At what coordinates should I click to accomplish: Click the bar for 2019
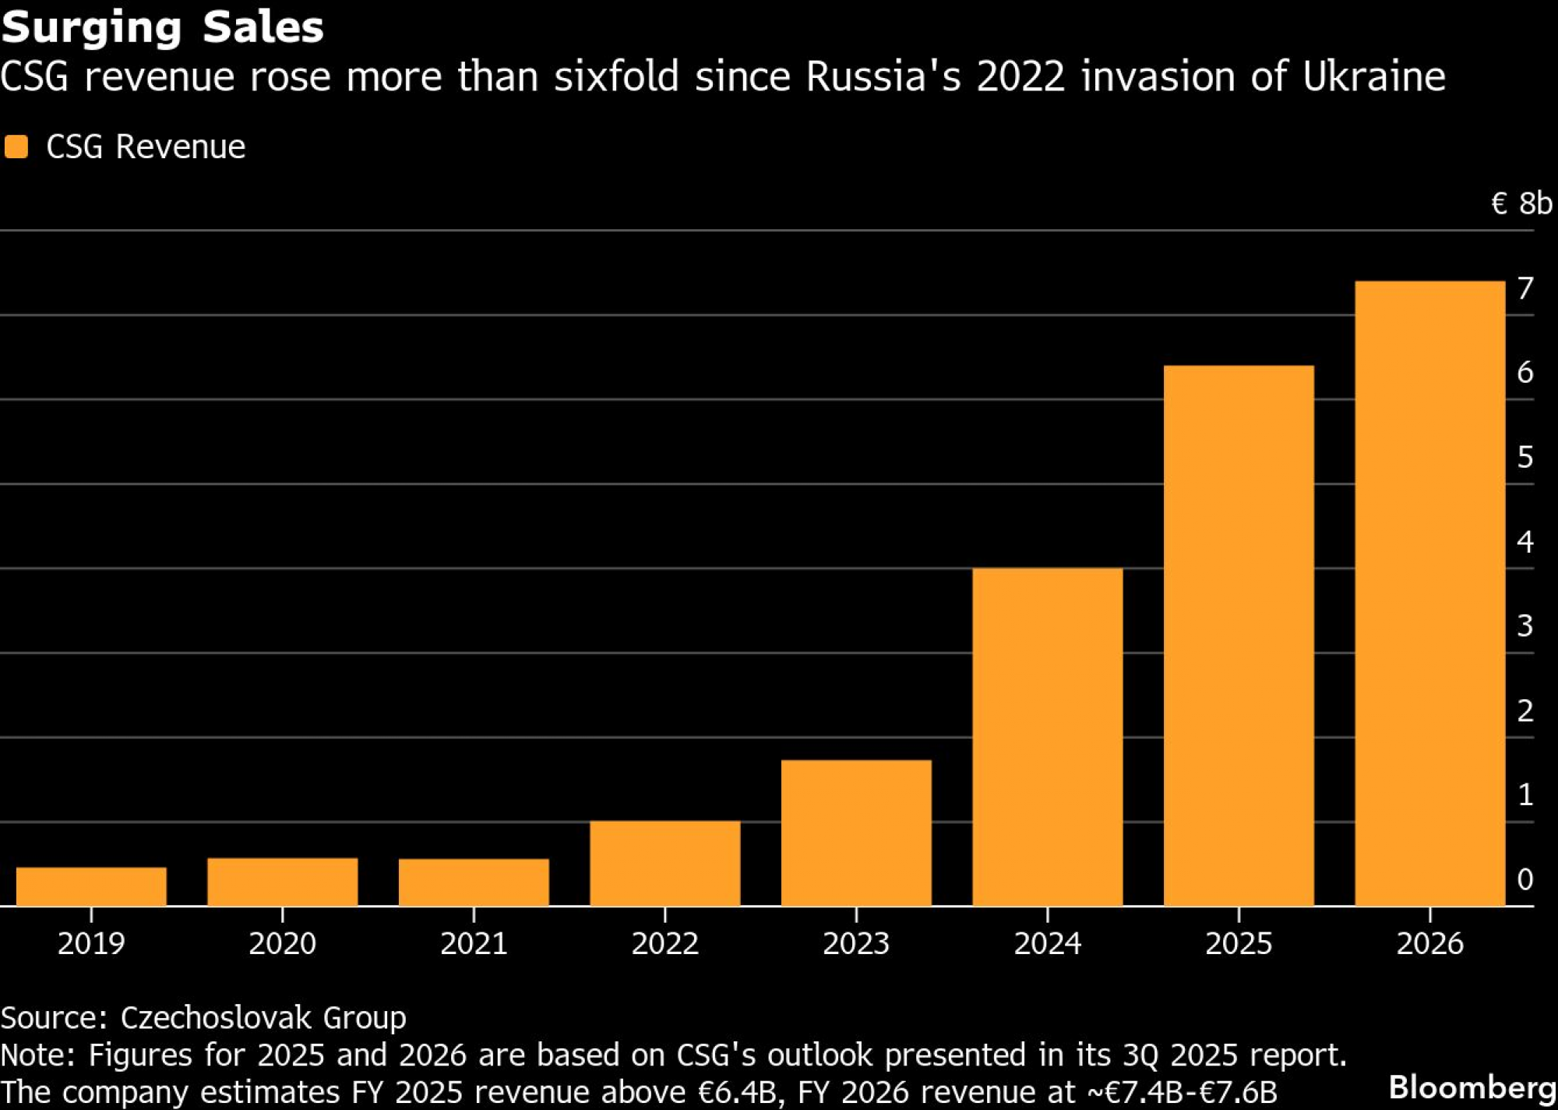click(91, 886)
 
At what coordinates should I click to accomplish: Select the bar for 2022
click(664, 863)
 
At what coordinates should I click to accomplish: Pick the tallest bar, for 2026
click(1429, 593)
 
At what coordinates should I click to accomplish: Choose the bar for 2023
click(856, 832)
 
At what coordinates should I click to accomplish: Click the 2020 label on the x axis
click(282, 943)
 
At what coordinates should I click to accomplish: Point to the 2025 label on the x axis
click(1239, 943)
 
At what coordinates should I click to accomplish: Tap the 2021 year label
click(474, 943)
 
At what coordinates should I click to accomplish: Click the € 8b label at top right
click(1521, 203)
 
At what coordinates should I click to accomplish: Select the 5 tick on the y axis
click(1525, 457)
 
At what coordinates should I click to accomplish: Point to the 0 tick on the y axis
click(1525, 879)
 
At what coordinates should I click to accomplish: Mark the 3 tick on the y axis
click(1525, 626)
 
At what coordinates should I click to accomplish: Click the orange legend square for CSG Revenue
click(16, 147)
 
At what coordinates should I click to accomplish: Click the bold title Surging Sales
click(162, 27)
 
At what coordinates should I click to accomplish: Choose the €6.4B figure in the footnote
click(737, 1092)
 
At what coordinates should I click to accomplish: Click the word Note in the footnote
click(37, 1055)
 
